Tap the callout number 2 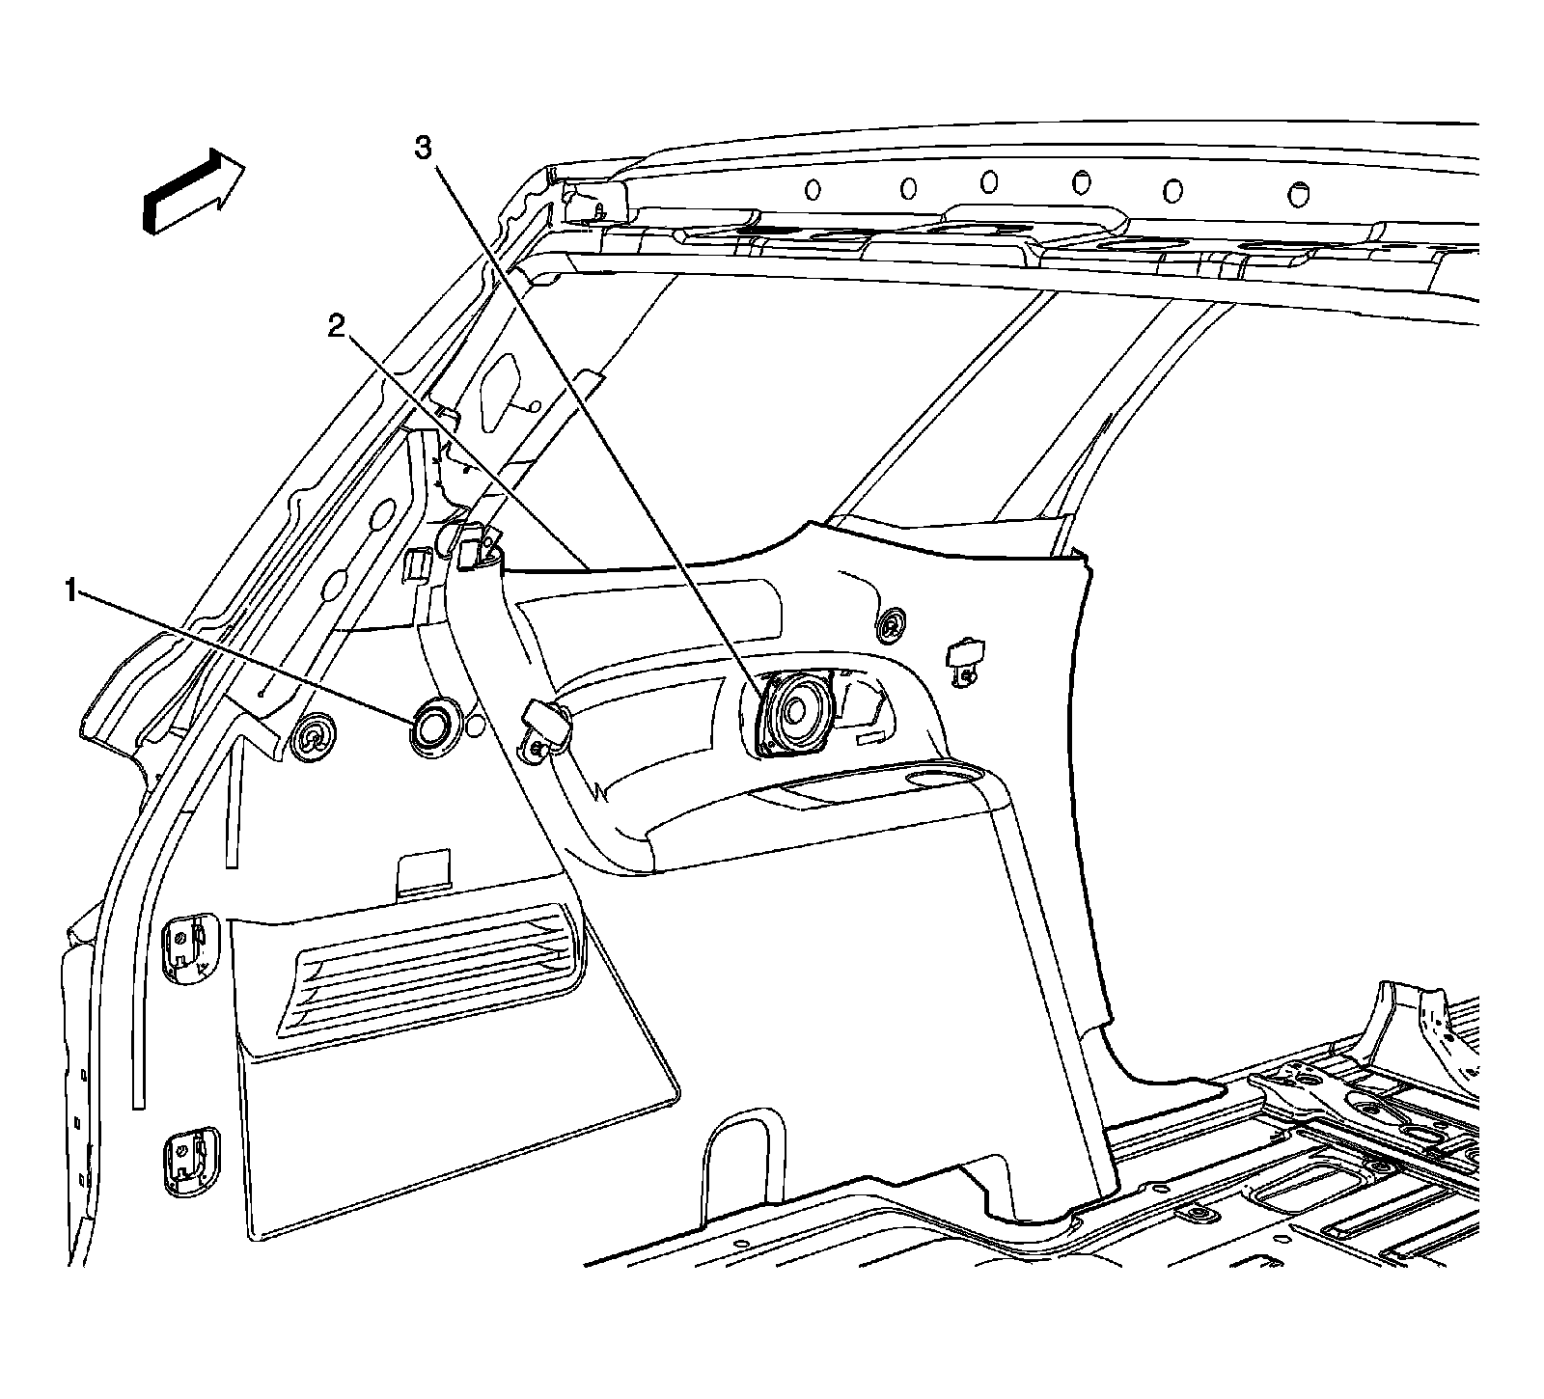[336, 328]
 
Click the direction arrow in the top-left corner [193, 191]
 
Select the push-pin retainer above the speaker [892, 626]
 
